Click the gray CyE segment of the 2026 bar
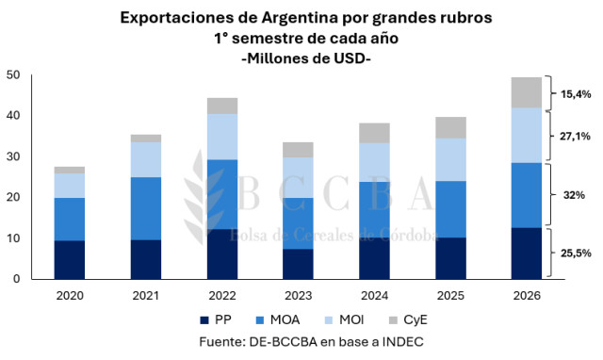pyautogui.click(x=526, y=92)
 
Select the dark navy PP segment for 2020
pyautogui.click(x=70, y=260)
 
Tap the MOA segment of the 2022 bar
pyautogui.click(x=222, y=195)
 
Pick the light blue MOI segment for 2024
pyautogui.click(x=375, y=162)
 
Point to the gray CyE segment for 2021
pyautogui.click(x=146, y=139)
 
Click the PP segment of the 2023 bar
pyautogui.click(x=298, y=264)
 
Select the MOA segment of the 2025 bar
pyautogui.click(x=450, y=209)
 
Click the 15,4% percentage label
pyautogui.click(x=576, y=94)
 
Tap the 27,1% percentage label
pyautogui.click(x=575, y=136)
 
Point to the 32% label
pyautogui.click(x=574, y=195)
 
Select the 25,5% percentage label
pyautogui.click(x=576, y=254)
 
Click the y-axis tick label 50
pyautogui.click(x=13, y=75)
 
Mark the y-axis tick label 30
pyautogui.click(x=13, y=156)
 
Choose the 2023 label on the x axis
pyautogui.click(x=298, y=295)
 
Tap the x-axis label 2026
pyautogui.click(x=527, y=295)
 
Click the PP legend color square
pyautogui.click(x=204, y=320)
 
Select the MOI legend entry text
pyautogui.click(x=351, y=320)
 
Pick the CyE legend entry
pyautogui.click(x=408, y=320)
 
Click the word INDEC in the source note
pyautogui.click(x=402, y=341)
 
